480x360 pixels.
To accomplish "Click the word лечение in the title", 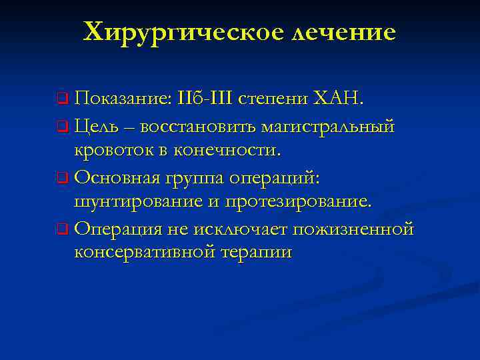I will (343, 31).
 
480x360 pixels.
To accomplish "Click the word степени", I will (275, 100).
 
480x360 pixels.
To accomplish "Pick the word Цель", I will (96, 125).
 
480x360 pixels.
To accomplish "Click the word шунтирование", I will (134, 202).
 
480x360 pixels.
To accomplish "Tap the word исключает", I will (244, 229).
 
